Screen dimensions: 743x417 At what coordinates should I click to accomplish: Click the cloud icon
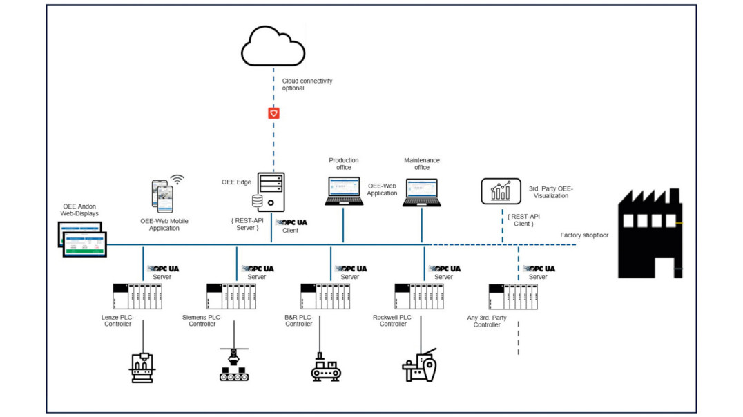(273, 46)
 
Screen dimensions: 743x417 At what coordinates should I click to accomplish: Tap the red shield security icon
(273, 113)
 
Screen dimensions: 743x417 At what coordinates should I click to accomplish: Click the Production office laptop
(344, 191)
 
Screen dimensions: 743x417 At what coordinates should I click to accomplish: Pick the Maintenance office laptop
(422, 193)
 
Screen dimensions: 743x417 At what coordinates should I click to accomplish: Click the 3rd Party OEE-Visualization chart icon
(501, 191)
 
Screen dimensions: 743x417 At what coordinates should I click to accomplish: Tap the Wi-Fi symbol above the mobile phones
(177, 180)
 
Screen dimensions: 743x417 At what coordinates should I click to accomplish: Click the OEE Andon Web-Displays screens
(82, 240)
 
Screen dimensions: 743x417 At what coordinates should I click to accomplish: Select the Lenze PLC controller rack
(137, 297)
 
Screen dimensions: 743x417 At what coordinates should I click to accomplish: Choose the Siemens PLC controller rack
(231, 297)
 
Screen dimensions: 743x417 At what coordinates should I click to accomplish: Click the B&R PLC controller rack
(325, 297)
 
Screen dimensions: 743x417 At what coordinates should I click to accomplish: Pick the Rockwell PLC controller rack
(419, 297)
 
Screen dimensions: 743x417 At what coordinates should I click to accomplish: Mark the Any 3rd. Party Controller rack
(513, 297)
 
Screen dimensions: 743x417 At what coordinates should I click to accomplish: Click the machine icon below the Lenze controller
(143, 368)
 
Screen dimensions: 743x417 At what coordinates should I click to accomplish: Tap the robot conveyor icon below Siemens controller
(234, 365)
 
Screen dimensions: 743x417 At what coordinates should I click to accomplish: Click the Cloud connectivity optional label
(307, 84)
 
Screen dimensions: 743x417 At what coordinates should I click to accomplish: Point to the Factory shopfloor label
(584, 235)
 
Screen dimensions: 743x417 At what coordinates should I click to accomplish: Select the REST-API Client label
(523, 220)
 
